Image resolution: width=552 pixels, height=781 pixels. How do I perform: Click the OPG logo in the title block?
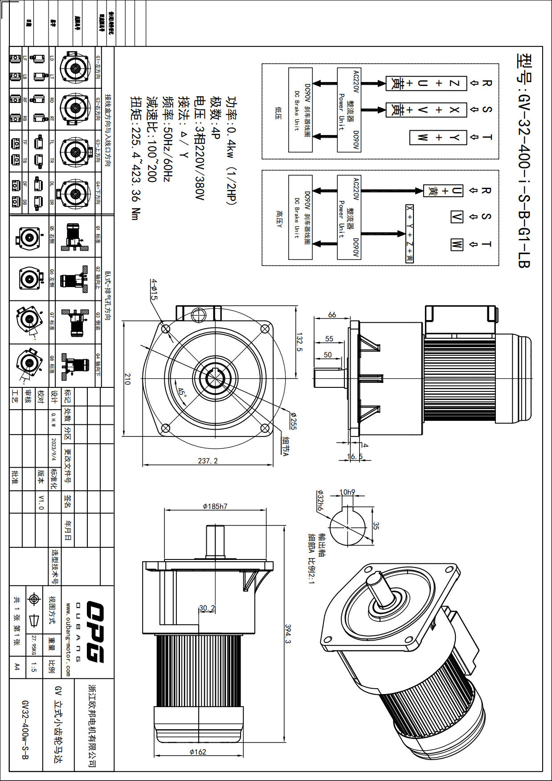[94, 632]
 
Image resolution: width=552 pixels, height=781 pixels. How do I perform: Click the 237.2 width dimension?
[208, 460]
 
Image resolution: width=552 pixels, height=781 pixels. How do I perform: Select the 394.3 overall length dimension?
[287, 633]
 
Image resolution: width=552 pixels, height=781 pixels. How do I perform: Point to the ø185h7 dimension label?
[215, 506]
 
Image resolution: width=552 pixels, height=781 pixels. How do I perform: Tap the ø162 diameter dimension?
[198, 752]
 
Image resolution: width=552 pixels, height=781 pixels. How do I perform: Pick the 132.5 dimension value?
[299, 342]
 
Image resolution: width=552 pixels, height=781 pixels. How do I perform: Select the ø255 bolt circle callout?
[293, 420]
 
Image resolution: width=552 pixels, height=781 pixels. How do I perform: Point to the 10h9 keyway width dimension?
[347, 492]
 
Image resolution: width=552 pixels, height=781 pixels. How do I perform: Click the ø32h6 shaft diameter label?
[320, 501]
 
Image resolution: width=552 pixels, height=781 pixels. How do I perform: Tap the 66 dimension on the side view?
[332, 314]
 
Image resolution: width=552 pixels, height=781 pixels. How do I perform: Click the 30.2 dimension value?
[207, 608]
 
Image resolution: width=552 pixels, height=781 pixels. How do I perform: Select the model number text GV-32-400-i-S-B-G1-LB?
[524, 160]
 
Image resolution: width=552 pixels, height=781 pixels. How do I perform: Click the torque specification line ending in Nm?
[135, 158]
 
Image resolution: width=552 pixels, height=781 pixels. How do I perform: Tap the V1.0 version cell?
[41, 502]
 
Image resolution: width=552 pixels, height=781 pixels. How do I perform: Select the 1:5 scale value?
[34, 667]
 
